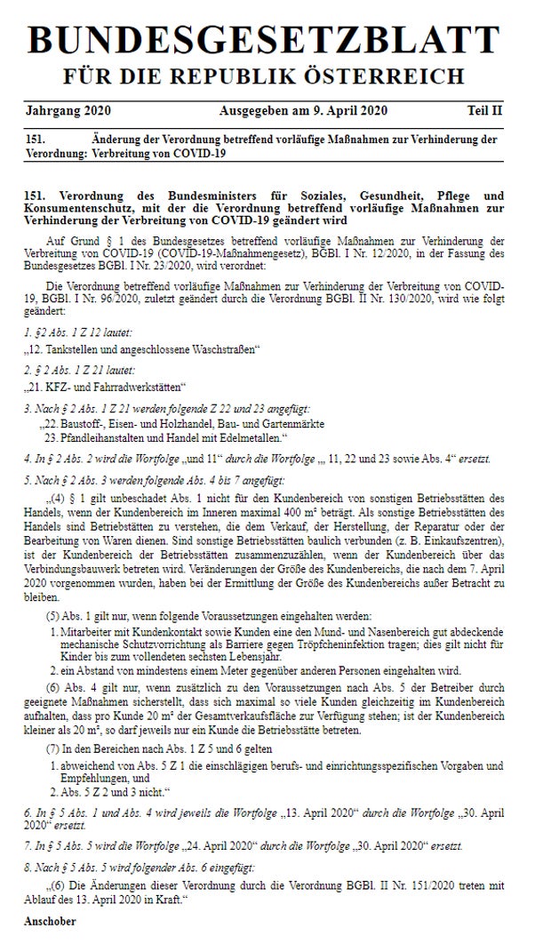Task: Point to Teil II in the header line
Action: tap(484, 111)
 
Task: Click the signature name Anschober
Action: tap(51, 921)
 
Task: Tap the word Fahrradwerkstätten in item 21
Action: tap(140, 387)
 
